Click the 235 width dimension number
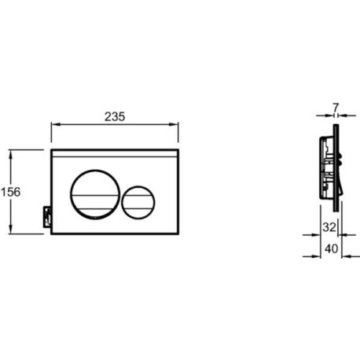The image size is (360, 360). point(115,116)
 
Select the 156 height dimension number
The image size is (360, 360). point(11,192)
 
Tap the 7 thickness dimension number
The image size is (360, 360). point(336,108)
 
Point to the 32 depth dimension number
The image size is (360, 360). point(329,227)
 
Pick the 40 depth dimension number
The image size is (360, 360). point(332,248)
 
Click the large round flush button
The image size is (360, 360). point(95,194)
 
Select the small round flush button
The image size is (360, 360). point(138,202)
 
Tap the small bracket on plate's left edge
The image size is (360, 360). point(47,217)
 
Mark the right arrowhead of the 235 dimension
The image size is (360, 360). point(174,124)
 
